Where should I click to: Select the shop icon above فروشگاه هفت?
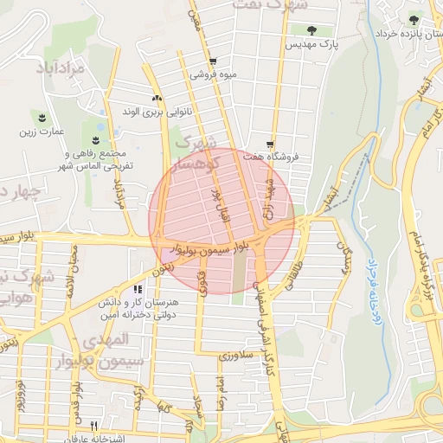(271, 144)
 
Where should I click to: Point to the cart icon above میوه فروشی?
(213, 61)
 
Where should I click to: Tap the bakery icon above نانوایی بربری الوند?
(156, 99)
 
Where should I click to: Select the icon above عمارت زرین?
(41, 116)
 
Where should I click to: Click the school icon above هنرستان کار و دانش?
(138, 290)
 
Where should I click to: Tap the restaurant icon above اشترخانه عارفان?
(93, 426)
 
